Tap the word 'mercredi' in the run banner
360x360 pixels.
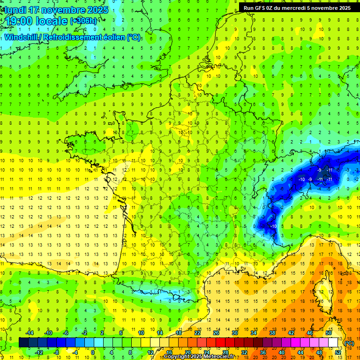click(305, 7)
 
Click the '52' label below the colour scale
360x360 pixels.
click(338, 352)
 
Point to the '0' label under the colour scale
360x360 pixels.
click(93, 352)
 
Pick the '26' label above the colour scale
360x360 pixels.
click(216, 333)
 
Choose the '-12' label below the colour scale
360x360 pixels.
click(38, 352)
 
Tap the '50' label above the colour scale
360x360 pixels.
click(328, 333)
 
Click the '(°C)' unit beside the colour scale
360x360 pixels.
click(349, 343)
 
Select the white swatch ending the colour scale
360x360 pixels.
click(333, 343)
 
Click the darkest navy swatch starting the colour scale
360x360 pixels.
click(23, 343)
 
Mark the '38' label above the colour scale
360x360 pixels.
click(272, 333)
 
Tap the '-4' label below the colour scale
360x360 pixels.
click(75, 352)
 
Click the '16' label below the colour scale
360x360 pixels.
click(169, 352)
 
